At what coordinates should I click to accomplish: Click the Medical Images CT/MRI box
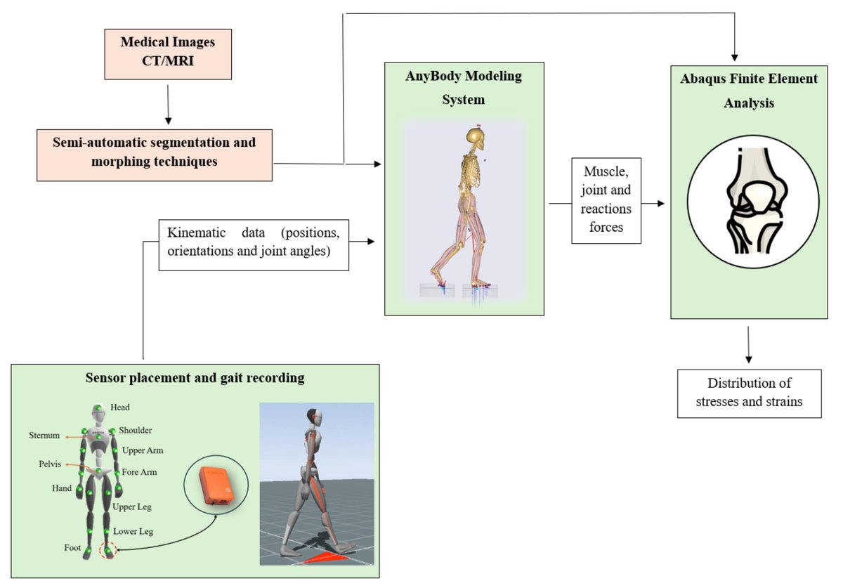point(167,53)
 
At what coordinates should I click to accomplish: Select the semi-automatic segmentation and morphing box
point(155,151)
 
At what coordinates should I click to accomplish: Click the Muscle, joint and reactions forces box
point(606,200)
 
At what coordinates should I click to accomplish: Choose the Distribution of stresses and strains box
point(749,393)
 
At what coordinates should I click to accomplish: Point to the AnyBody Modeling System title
point(464,88)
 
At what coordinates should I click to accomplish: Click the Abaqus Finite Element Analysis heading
point(749,91)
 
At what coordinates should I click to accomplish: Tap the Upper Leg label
point(131,507)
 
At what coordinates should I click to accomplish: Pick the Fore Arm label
point(139,472)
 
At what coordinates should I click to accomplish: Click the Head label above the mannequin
point(119,407)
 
